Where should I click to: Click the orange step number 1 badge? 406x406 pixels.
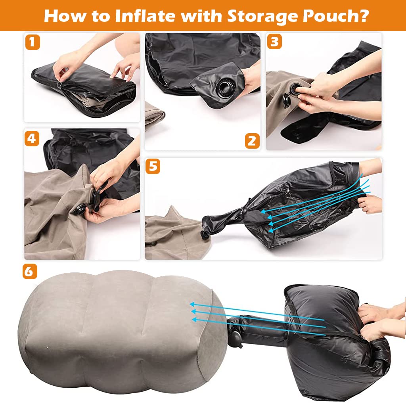(33, 42)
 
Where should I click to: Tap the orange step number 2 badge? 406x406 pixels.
(252, 141)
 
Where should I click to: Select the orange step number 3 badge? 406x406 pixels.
(274, 42)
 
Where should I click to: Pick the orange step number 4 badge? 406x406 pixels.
(32, 138)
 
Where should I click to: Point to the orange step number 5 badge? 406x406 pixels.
(153, 166)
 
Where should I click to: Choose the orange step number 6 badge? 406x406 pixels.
(30, 271)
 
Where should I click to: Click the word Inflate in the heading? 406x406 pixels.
(145, 15)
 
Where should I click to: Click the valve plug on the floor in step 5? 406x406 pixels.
(205, 235)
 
